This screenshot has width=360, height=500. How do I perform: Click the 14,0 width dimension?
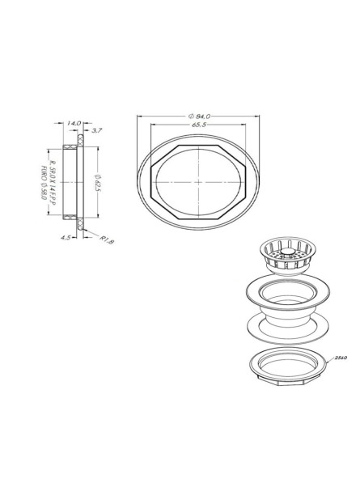[x=72, y=123]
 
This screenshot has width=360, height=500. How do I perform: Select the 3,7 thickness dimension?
[x=97, y=129]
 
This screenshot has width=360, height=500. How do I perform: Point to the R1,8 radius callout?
[x=106, y=240]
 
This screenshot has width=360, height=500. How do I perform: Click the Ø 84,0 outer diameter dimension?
[x=199, y=117]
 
